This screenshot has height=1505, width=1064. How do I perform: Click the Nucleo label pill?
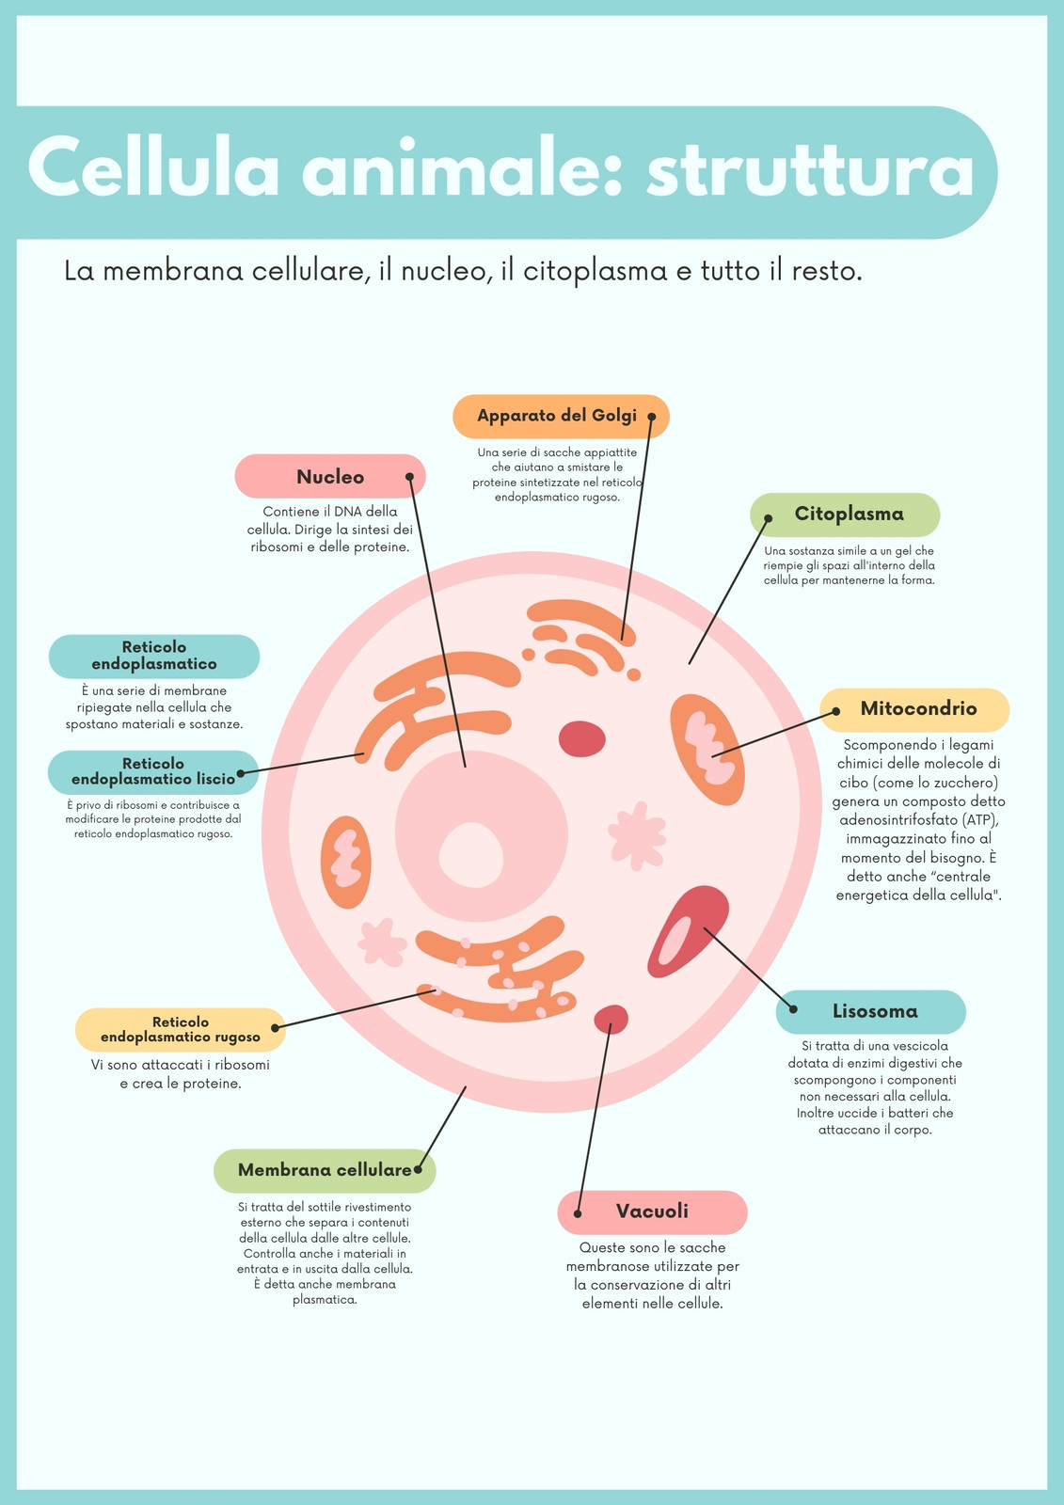[330, 476]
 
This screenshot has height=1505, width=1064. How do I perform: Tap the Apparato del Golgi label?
[562, 417]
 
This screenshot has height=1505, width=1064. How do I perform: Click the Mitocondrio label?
[914, 710]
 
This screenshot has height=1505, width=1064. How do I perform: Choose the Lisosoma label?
[871, 1012]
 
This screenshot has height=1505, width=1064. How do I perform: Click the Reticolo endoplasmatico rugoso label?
[180, 1030]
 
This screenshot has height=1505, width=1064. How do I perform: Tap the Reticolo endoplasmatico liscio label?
[153, 772]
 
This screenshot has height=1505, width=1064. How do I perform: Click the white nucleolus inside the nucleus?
[471, 855]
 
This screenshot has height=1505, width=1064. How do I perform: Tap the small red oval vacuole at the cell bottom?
[611, 1020]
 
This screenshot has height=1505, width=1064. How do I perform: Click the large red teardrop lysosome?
[689, 931]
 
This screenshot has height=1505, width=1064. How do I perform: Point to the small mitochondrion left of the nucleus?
[345, 863]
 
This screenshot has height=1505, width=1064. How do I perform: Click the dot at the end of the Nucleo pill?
[410, 476]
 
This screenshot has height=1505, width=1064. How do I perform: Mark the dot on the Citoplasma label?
[769, 518]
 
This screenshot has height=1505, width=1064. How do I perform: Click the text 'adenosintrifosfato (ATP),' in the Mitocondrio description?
[919, 820]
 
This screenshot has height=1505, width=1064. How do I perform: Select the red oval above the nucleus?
[582, 739]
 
